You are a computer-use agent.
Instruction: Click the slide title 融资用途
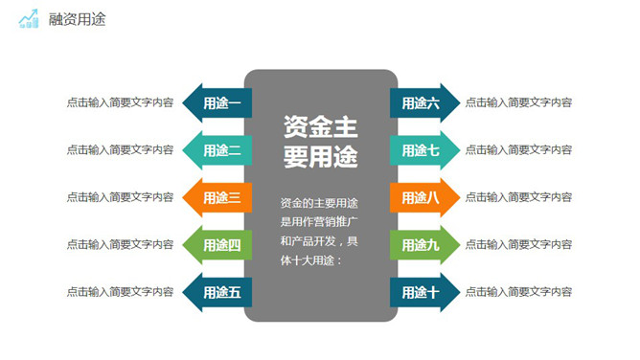77,19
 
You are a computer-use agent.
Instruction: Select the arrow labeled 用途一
217,102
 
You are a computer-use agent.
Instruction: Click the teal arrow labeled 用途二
217,149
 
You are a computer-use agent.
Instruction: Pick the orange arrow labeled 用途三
217,197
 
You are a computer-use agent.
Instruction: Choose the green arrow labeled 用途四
217,244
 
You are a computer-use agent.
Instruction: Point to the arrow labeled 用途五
217,292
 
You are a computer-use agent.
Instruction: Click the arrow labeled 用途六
423,102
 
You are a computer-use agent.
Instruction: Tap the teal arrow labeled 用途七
423,149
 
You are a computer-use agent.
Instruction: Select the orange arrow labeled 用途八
423,197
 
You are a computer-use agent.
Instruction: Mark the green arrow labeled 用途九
423,244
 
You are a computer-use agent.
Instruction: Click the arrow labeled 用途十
423,292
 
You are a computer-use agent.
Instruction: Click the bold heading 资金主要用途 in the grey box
320,142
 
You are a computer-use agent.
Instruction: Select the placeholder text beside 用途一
120,102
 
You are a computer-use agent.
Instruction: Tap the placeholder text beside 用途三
120,197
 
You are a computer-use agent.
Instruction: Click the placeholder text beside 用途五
120,292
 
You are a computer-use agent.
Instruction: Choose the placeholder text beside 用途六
518,102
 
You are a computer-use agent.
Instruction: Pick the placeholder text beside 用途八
518,197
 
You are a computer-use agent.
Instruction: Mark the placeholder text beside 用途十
518,292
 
